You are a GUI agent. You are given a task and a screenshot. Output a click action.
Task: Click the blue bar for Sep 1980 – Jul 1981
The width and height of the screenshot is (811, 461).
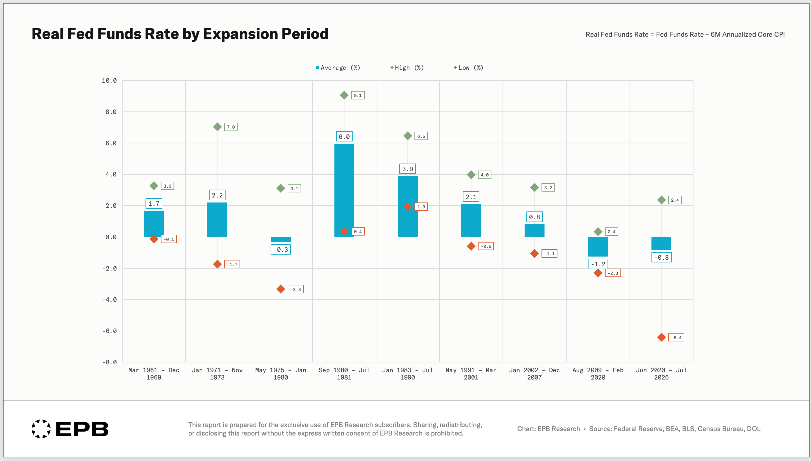344,190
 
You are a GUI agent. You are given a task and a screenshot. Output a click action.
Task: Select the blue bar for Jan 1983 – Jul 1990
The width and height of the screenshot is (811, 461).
407,206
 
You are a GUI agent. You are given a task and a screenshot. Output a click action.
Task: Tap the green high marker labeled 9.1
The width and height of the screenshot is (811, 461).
344,95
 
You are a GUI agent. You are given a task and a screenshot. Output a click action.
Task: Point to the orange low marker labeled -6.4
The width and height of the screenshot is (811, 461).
661,337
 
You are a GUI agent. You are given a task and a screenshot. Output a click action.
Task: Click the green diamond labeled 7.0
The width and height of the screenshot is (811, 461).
217,127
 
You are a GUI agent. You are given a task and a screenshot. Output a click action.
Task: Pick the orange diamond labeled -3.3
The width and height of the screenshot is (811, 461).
281,289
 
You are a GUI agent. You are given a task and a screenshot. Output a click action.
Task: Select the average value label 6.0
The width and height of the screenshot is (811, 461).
344,136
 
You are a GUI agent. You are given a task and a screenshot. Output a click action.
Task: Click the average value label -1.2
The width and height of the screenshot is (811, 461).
598,264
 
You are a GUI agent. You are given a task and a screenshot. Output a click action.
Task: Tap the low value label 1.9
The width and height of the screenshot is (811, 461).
421,207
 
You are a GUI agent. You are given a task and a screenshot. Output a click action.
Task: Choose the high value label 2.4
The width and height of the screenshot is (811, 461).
675,200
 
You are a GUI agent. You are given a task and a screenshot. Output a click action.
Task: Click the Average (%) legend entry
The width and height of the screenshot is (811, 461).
338,68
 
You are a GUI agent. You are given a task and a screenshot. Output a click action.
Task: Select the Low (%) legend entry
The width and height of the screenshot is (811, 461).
468,68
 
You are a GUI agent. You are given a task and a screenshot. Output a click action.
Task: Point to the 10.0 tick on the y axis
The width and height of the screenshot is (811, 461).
109,80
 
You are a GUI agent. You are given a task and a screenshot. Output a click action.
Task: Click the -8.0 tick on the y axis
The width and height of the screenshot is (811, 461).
109,362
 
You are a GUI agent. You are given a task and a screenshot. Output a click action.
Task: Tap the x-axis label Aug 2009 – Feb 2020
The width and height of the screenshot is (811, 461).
598,374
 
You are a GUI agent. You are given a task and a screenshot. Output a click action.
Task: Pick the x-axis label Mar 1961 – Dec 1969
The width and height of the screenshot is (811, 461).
154,374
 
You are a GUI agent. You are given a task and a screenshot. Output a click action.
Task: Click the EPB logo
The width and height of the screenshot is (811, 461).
70,429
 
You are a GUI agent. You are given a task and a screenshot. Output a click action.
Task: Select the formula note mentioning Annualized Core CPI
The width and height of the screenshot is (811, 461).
685,34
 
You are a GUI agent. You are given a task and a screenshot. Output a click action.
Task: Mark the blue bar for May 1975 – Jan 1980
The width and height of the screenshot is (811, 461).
281,239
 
